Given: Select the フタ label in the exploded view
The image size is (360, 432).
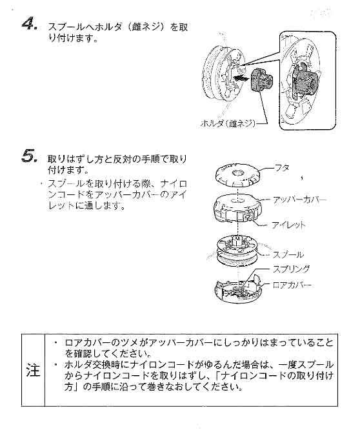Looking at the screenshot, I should coord(282,168).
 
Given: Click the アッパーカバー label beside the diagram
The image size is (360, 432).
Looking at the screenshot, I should coord(301,199).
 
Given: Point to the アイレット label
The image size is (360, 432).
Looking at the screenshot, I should coord(288,225).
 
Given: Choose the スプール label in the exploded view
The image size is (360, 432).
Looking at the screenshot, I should coord(288,254).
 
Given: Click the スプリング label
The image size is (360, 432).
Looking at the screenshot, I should coord(292,269).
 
